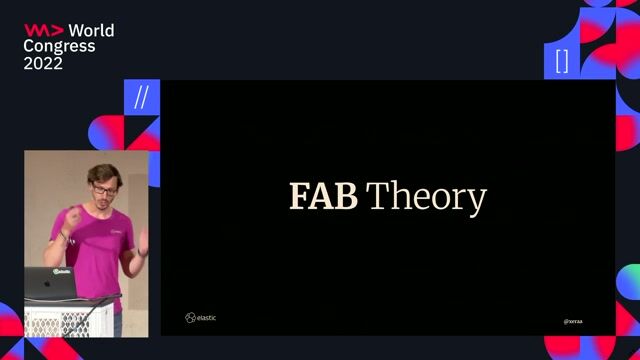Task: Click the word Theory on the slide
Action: tap(426, 198)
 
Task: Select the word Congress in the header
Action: tap(60, 46)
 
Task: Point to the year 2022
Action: tap(43, 63)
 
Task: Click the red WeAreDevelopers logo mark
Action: tap(43, 30)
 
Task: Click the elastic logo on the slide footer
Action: tap(200, 318)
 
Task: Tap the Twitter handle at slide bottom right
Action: tap(573, 321)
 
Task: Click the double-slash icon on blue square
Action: tap(141, 98)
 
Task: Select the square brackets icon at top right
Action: tap(562, 61)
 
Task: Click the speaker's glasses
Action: tap(103, 188)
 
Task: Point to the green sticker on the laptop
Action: tap(62, 270)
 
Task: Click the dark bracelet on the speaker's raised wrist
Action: tap(63, 235)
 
